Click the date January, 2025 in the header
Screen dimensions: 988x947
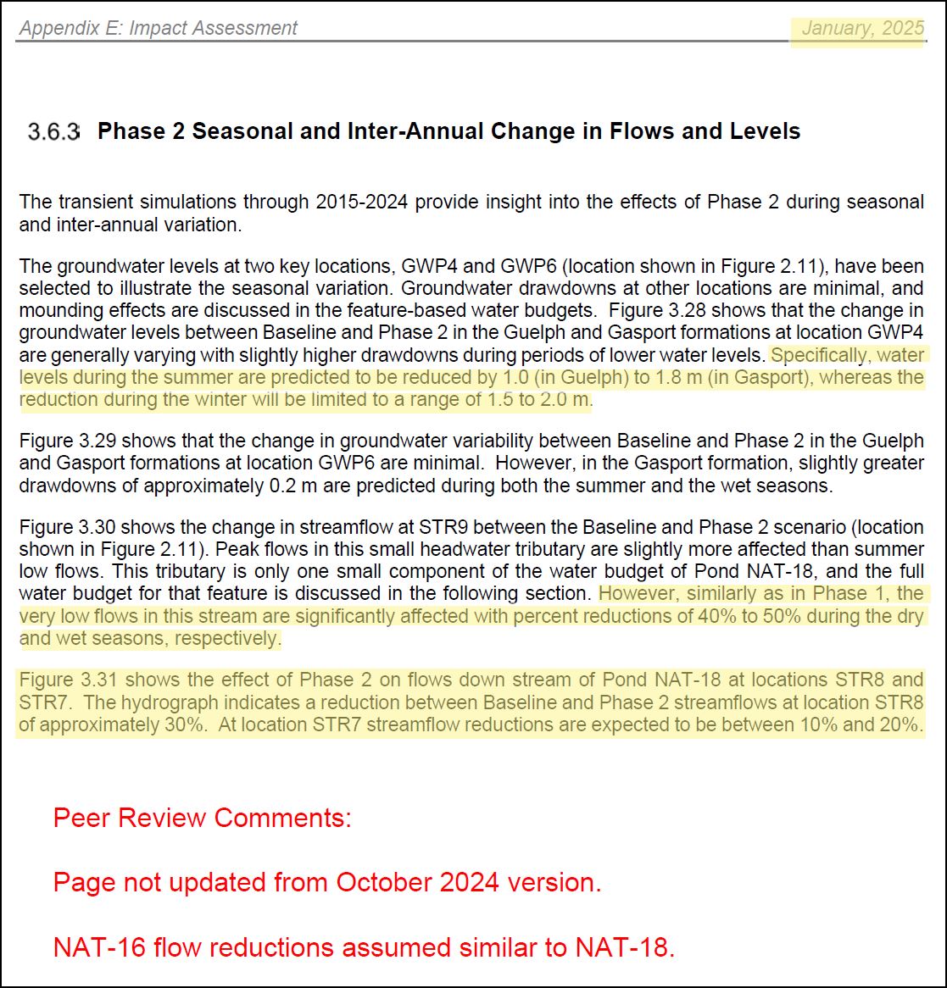pyautogui.click(x=862, y=28)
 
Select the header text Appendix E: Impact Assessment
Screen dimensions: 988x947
pyautogui.click(x=159, y=28)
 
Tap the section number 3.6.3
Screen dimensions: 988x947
pyautogui.click(x=53, y=132)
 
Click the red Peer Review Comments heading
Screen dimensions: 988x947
pyautogui.click(x=202, y=819)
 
